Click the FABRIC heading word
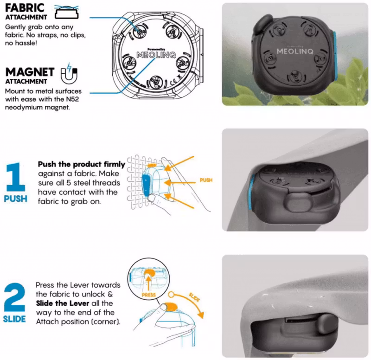[x=25, y=8]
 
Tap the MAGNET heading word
[x=30, y=72]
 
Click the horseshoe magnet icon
[x=69, y=74]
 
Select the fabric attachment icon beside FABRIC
[x=66, y=12]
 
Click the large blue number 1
[x=15, y=177]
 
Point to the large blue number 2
[x=14, y=297]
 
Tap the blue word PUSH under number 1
[x=16, y=199]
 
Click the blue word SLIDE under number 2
[x=14, y=319]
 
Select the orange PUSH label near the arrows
[x=206, y=180]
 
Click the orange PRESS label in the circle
[x=148, y=295]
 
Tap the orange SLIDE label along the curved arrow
[x=194, y=297]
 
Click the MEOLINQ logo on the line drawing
[x=156, y=55]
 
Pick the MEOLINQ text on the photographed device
[x=295, y=51]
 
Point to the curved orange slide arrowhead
[x=200, y=315]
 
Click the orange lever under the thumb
[x=171, y=307]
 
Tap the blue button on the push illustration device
[x=146, y=185]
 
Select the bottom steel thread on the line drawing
[x=156, y=83]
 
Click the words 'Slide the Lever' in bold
[x=63, y=303]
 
